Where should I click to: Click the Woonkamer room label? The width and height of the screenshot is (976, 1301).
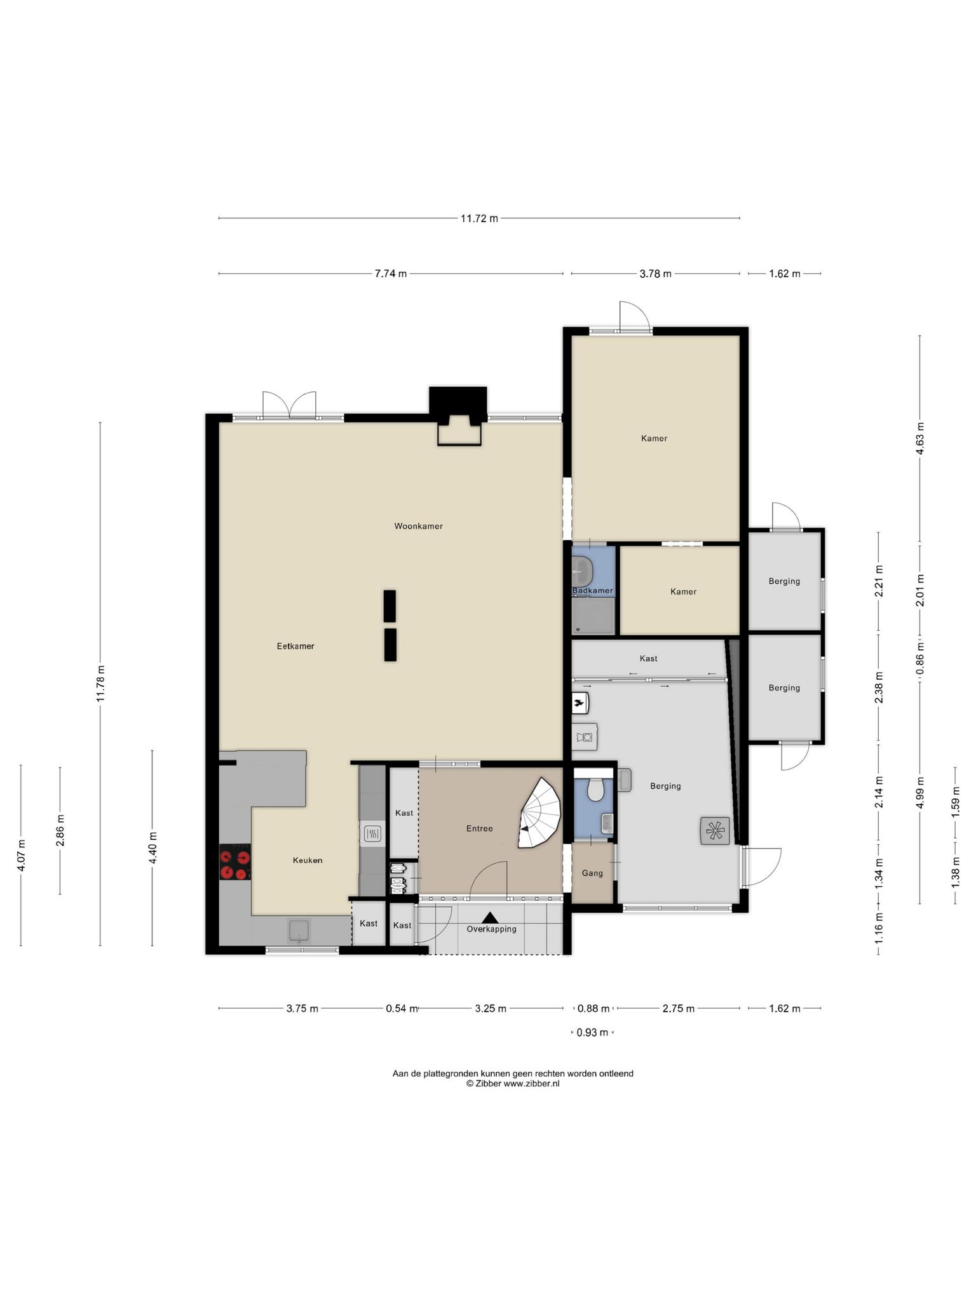coord(418,526)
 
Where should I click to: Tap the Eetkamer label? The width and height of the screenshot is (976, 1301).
coord(295,646)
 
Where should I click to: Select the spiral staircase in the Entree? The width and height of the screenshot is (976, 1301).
coord(540,812)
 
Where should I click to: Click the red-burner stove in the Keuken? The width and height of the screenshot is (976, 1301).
coord(234,863)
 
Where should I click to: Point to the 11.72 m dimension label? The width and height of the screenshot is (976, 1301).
coord(479,219)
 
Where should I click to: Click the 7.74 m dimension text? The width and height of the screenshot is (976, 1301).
coord(391,274)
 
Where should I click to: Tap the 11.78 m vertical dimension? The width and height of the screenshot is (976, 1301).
coord(100,684)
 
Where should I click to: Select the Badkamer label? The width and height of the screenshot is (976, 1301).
coord(592,591)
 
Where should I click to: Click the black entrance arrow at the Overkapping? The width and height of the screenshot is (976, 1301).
coord(490,917)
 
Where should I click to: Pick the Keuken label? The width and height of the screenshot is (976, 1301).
coord(308,860)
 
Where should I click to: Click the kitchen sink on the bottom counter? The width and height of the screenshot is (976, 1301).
coord(299,930)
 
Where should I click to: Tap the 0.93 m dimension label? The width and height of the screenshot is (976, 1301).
coord(592,1032)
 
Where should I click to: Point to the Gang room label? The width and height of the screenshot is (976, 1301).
coord(592,873)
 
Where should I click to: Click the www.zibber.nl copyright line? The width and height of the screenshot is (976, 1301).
coord(513,1083)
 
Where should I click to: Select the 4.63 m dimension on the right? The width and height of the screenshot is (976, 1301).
coord(919,438)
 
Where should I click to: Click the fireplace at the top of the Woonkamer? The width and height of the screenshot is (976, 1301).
coord(458,416)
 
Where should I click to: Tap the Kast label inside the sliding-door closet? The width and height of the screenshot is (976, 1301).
coord(649,658)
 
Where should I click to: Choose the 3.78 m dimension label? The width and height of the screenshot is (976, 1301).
coord(655,274)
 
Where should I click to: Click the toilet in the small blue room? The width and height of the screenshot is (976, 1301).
coord(595,790)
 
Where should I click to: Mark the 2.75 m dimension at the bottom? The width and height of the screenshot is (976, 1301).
coord(679,1008)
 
